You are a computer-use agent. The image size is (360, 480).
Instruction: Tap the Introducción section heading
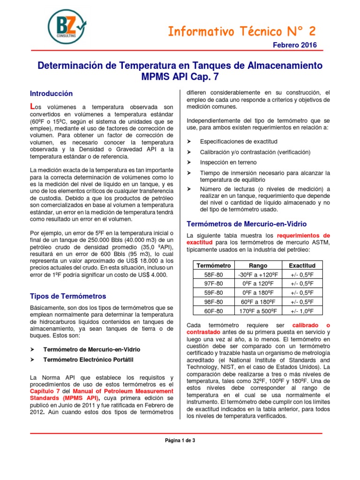point(52,93)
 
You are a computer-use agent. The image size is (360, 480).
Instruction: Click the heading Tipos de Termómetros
point(68,296)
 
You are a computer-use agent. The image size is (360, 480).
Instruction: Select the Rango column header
point(258,266)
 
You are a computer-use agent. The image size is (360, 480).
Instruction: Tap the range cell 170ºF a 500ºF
point(258,310)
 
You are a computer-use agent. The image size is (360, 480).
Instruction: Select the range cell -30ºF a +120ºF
point(258,275)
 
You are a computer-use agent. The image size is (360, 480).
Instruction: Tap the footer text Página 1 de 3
point(180,440)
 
